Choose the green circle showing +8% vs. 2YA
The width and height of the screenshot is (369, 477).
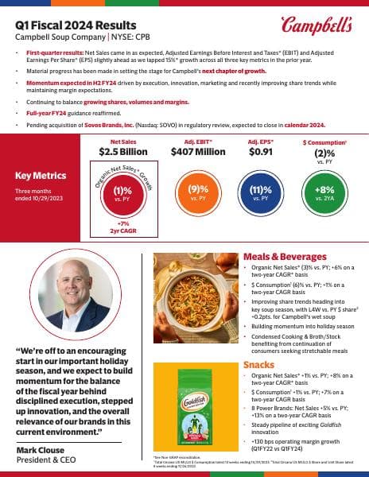click(323, 191)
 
